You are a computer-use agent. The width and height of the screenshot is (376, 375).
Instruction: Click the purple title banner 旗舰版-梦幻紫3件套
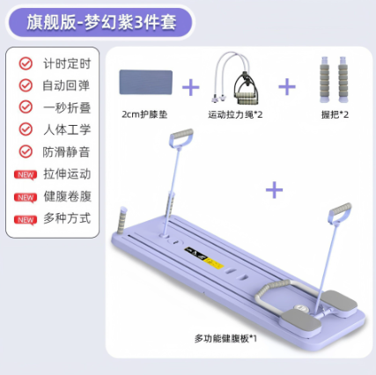click(x=99, y=22)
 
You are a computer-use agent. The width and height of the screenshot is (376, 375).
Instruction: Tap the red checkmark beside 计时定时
click(x=26, y=63)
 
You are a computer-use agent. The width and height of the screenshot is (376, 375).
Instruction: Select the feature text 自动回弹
click(x=66, y=85)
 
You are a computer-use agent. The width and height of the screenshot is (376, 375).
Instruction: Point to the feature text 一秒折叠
click(x=67, y=107)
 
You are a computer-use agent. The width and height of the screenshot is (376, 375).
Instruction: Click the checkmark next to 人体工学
click(x=26, y=129)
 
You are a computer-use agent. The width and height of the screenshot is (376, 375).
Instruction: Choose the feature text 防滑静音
click(x=66, y=151)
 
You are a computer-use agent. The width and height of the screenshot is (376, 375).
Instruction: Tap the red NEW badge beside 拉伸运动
click(x=26, y=175)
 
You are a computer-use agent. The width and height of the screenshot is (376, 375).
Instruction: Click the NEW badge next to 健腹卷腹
click(x=26, y=197)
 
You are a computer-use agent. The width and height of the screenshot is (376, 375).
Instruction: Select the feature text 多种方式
click(x=67, y=218)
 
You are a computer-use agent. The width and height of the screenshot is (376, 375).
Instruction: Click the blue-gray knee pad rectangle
click(x=146, y=82)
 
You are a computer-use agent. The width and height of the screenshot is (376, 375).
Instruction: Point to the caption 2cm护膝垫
click(x=144, y=114)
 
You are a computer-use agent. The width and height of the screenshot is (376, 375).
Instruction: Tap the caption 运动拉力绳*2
click(x=235, y=114)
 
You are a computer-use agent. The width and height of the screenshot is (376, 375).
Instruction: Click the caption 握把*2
click(x=335, y=114)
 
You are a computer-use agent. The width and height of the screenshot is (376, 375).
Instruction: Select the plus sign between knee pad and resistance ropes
click(x=191, y=87)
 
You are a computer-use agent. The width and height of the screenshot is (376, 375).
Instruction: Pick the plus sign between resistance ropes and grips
click(x=287, y=87)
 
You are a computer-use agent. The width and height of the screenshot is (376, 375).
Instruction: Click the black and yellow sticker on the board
click(x=204, y=258)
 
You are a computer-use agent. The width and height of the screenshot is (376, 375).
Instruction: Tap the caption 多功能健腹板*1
click(x=225, y=339)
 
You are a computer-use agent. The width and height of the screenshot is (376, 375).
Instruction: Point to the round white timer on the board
click(x=300, y=308)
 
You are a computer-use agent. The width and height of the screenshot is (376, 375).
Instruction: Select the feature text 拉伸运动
click(x=67, y=173)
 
